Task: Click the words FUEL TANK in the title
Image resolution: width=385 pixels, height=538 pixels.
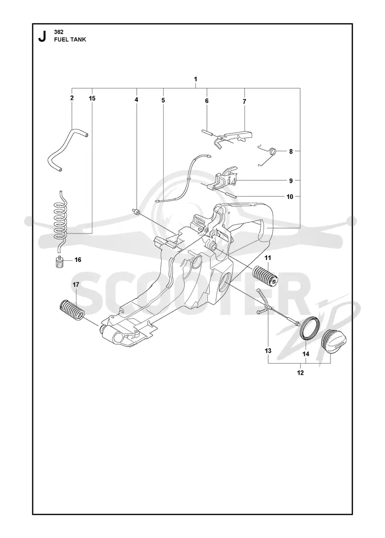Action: [70, 39]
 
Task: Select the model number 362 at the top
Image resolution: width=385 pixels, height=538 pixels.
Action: [58, 32]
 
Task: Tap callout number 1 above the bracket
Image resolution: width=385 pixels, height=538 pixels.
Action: [195, 79]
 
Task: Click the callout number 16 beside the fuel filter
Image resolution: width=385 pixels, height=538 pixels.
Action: [78, 260]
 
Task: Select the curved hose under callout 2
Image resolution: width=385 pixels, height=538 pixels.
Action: [67, 150]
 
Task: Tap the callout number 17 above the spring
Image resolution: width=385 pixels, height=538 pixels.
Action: [76, 284]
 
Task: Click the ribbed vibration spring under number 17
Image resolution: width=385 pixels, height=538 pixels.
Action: [72, 310]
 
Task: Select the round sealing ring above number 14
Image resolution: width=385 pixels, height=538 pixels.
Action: [311, 329]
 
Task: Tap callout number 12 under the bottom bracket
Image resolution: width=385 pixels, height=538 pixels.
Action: [300, 373]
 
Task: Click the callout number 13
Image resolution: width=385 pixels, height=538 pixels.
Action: [268, 351]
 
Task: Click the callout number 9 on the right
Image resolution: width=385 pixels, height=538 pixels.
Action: [291, 181]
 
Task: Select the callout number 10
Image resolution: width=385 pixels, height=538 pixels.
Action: [290, 196]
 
